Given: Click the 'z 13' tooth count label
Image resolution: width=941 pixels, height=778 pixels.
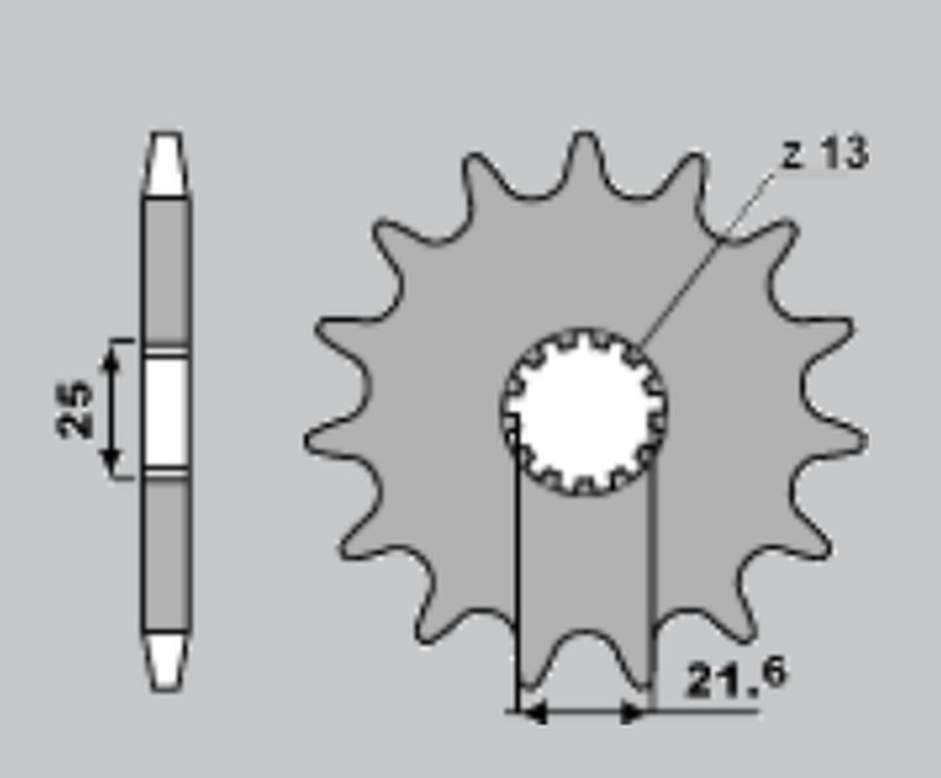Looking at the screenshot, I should click(825, 154).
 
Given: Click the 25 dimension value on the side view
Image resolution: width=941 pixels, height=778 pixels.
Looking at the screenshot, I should click(76, 408).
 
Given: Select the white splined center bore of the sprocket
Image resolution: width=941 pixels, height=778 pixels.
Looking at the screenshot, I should click(584, 410).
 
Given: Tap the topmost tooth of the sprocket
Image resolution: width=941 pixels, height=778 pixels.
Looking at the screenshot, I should click(584, 156).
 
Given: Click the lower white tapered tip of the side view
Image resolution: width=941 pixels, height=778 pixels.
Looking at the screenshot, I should click(166, 661).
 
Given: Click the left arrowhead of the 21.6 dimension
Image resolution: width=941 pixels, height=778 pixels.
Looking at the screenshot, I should click(533, 713).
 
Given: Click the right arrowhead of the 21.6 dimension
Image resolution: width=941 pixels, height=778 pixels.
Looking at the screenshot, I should click(633, 713).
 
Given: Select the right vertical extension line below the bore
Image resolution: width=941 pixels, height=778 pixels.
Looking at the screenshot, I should click(651, 583).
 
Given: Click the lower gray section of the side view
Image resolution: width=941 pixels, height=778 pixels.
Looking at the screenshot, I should click(166, 554).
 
